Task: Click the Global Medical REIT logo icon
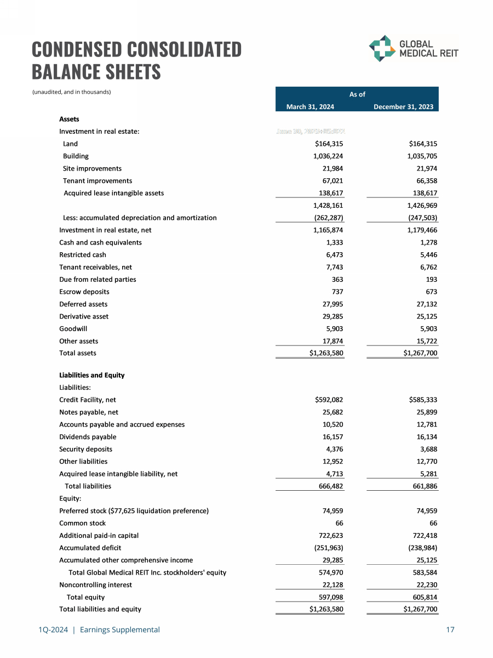click(382, 48)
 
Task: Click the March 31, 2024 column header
click(310, 107)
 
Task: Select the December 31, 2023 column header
click(403, 107)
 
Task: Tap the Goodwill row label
click(73, 328)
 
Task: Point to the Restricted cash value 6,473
click(334, 254)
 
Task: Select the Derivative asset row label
click(84, 316)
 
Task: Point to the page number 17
click(450, 630)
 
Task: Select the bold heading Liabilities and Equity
click(91, 375)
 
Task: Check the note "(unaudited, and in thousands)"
click(71, 92)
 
